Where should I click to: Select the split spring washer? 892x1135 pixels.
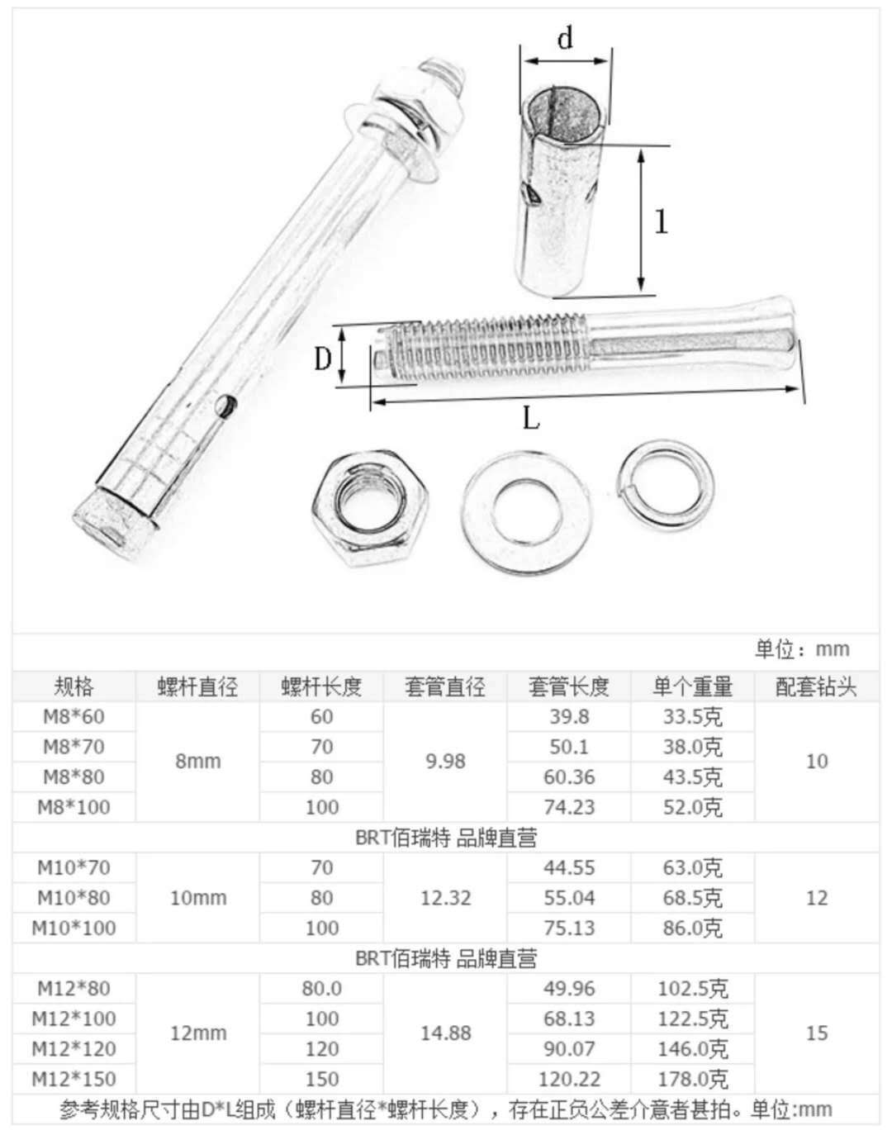[x=666, y=482]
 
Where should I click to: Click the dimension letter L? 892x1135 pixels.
[x=530, y=419]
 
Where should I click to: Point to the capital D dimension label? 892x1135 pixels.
[x=323, y=359]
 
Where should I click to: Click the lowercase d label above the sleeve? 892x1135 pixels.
[x=566, y=39]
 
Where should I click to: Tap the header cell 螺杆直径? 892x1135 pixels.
[x=197, y=686]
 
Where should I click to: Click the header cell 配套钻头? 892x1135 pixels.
[x=816, y=686]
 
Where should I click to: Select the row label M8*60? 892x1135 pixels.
[x=74, y=716]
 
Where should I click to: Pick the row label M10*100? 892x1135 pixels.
[x=74, y=928]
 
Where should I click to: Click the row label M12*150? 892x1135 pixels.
[x=74, y=1078]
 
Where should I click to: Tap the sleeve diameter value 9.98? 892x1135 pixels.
[x=445, y=761]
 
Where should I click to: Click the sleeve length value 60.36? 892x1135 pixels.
[x=569, y=776]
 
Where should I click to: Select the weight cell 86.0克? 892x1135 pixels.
[x=692, y=928]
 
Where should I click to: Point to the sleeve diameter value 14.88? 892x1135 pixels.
[x=445, y=1033]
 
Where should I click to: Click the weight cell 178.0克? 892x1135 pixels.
[x=692, y=1078]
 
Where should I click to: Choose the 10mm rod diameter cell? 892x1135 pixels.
[x=197, y=898]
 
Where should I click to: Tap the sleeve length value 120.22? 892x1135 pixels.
[x=569, y=1078]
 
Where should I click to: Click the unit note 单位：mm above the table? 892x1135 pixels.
[x=801, y=648]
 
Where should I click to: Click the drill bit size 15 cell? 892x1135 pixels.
[x=816, y=1033]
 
